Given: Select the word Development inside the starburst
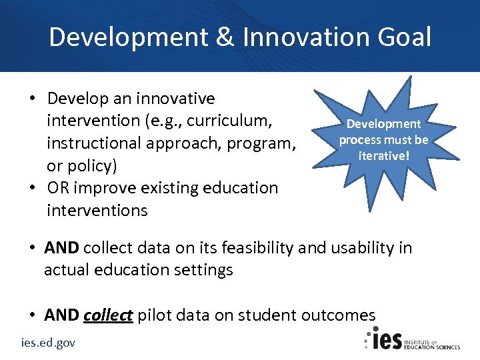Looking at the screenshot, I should point(383,124).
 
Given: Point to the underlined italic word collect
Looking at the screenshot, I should point(108,315).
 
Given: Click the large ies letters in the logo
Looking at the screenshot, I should point(386,340).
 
